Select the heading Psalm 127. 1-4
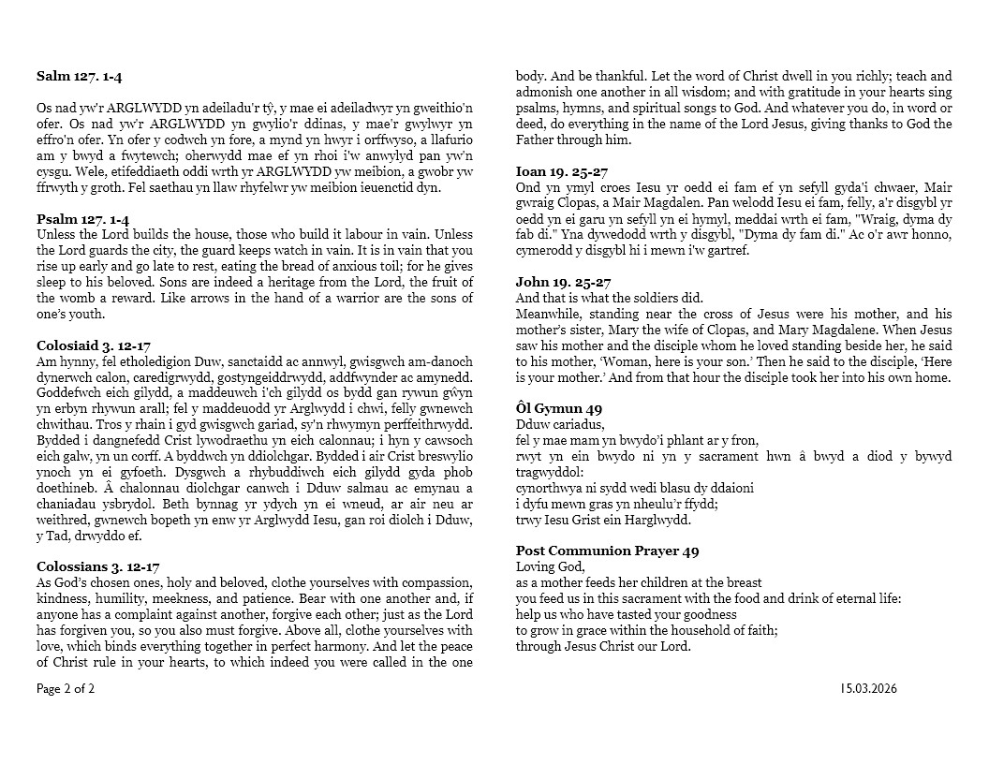coord(82,219)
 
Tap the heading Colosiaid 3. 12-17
coord(93,345)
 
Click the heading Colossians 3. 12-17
coord(98,566)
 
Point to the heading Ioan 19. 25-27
coord(562,171)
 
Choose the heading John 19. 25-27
coord(563,282)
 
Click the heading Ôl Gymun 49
coord(559,408)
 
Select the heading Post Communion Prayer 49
coord(607,551)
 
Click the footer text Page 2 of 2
coord(66,689)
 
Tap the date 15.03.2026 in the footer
coord(868,689)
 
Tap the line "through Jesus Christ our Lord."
coord(603,646)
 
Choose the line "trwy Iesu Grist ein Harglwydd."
coord(603,521)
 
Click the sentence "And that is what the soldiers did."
coord(610,298)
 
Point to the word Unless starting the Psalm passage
coord(55,234)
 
